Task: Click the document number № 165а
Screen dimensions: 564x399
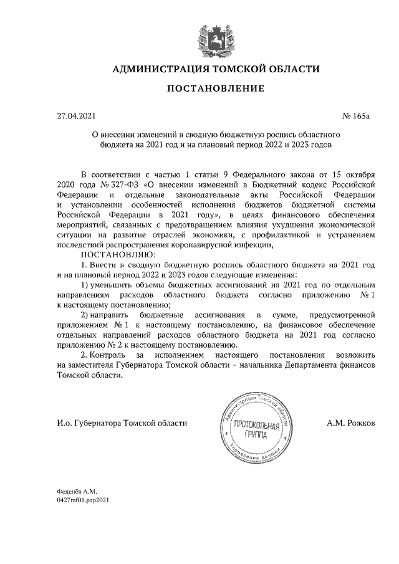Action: pos(356,116)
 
